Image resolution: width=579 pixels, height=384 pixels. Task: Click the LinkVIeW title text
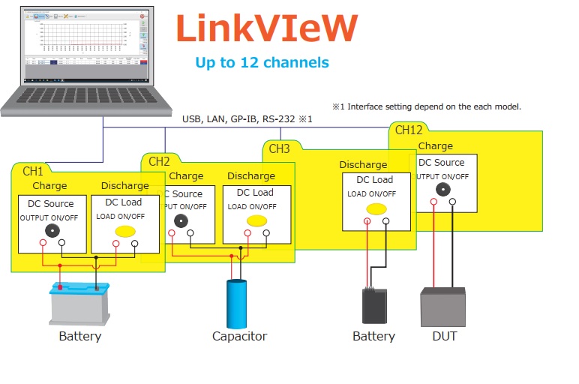[266, 28]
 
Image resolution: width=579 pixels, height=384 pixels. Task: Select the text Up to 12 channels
[262, 62]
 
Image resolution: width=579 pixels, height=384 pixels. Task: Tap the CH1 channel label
[33, 171]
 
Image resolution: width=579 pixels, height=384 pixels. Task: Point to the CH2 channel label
[159, 161]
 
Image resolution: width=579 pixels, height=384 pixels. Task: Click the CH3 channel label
[279, 148]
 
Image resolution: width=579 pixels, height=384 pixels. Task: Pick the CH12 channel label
[409, 130]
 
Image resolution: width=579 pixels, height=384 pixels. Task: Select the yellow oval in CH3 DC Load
[376, 208]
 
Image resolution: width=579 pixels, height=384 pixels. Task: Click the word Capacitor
[239, 336]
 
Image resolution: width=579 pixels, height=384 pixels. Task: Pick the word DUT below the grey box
[444, 336]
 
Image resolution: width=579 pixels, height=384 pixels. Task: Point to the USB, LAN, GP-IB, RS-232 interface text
[247, 118]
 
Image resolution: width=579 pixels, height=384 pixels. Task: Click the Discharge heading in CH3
[363, 164]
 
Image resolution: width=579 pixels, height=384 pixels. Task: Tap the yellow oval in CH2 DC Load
[257, 220]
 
